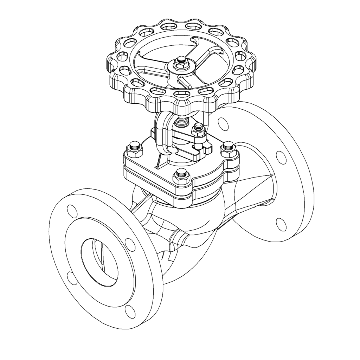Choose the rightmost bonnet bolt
[x=229, y=148]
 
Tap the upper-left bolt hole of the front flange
[x=72, y=211]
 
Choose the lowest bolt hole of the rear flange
[x=281, y=224]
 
